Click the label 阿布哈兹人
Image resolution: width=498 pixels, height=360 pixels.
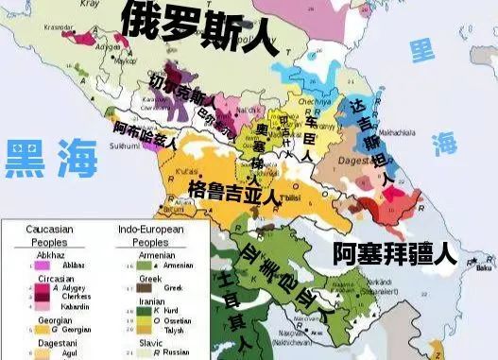click(x=145, y=133)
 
